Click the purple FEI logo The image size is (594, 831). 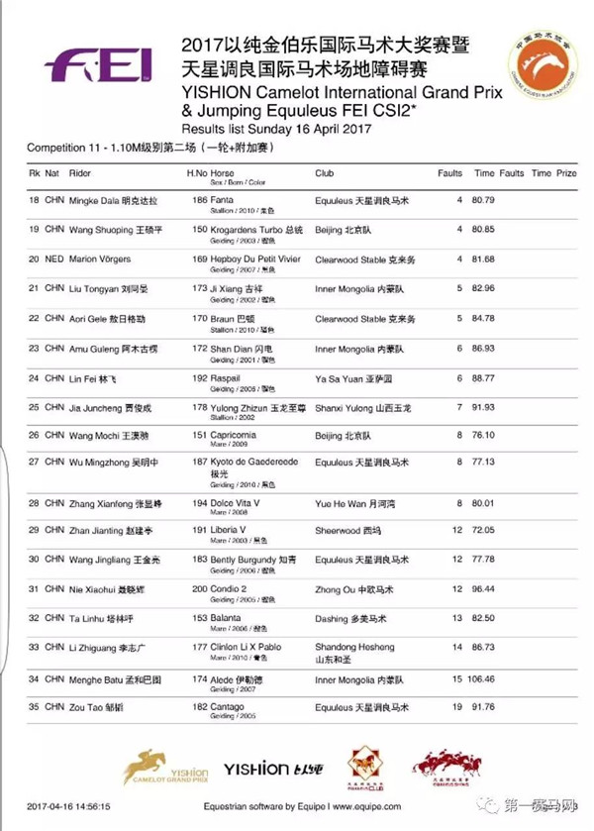click(98, 65)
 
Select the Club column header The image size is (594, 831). click(325, 172)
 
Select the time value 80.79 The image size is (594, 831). click(483, 200)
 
